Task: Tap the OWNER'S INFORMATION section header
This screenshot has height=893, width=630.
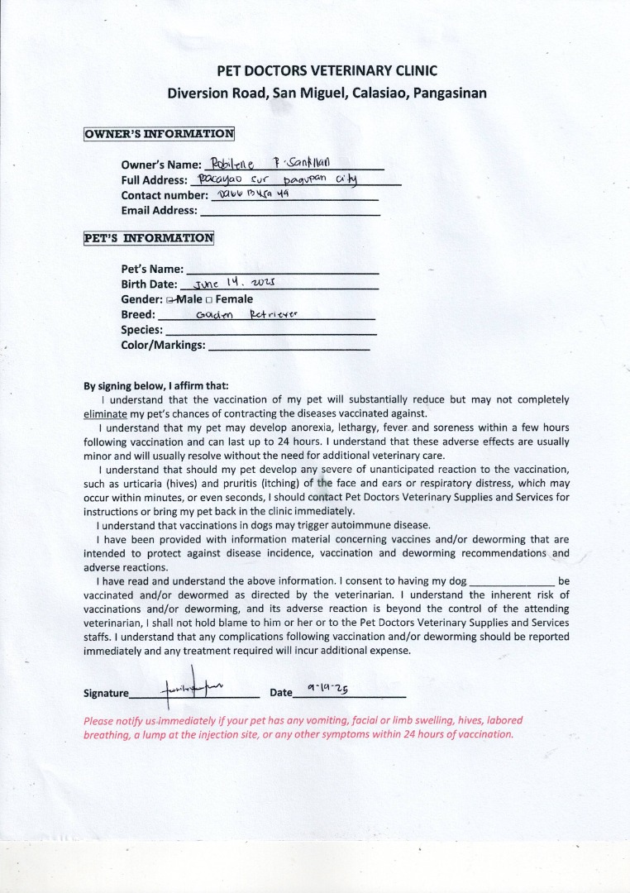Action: (x=160, y=133)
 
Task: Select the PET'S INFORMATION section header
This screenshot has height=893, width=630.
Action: (x=149, y=238)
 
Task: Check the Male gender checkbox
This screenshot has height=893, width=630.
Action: (x=169, y=299)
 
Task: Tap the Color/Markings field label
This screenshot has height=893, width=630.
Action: (x=163, y=345)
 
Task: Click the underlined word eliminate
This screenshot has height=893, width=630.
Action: (x=105, y=413)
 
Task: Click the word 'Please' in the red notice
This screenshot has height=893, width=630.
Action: (x=99, y=720)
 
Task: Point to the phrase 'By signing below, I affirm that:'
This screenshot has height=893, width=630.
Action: (x=156, y=385)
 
